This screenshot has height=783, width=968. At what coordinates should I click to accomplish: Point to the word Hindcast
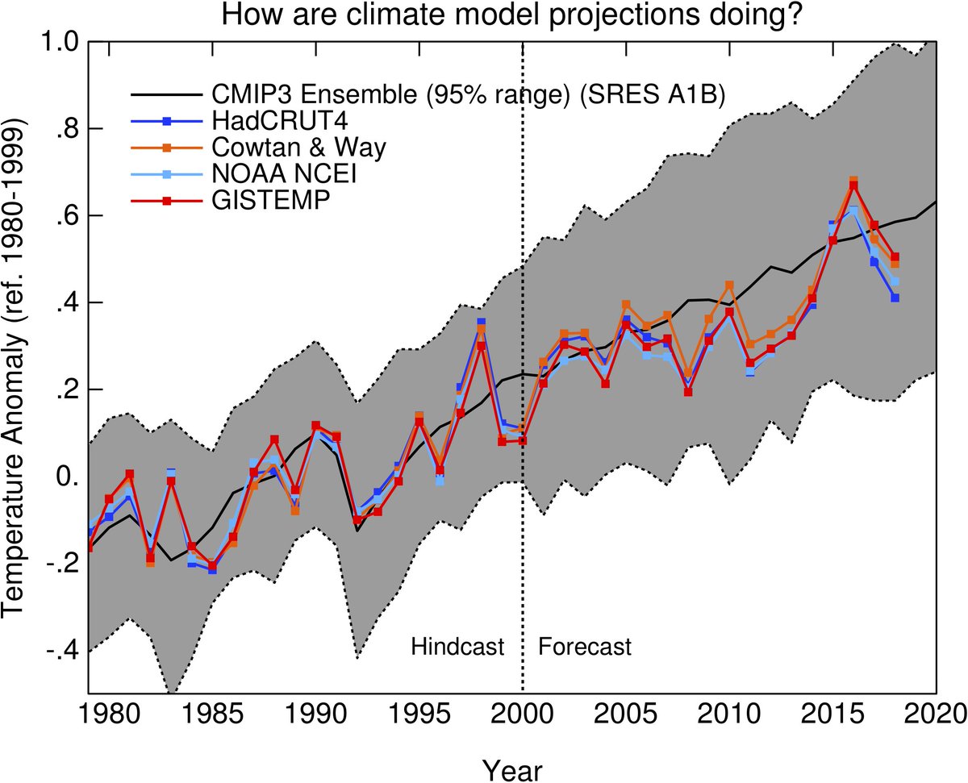[x=457, y=647]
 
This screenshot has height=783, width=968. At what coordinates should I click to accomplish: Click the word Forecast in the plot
[x=585, y=647]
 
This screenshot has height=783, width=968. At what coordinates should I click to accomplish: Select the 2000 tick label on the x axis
[x=523, y=714]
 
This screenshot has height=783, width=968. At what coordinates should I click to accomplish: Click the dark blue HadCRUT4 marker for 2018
[x=895, y=298]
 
